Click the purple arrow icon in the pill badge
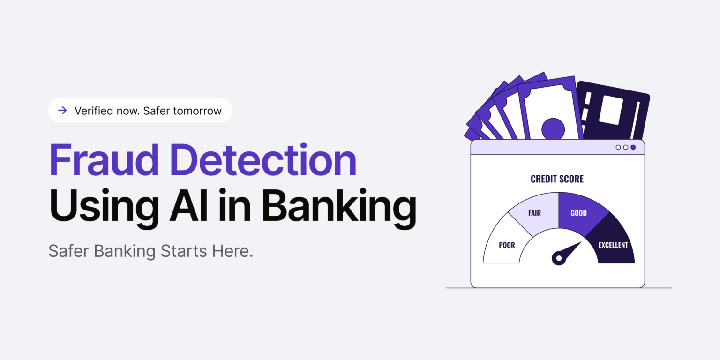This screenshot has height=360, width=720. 62,111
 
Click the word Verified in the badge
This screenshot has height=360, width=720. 93,111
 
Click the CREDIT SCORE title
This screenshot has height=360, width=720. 557,179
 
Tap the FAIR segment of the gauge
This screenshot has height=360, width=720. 534,213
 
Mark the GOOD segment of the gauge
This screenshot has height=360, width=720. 578,213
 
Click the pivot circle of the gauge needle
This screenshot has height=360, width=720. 558,258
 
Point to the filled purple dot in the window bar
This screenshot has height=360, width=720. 633,147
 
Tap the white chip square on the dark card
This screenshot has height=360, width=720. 611,110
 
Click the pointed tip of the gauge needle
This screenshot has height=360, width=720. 580,243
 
